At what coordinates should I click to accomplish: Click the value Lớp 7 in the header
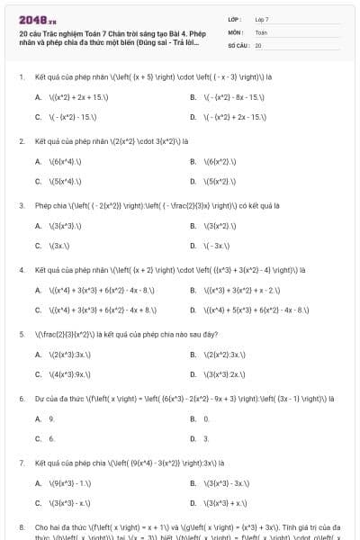[x=261, y=19]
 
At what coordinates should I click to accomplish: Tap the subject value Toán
[x=261, y=31]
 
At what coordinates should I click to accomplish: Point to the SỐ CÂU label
[x=237, y=44]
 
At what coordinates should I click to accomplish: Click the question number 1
[x=21, y=77]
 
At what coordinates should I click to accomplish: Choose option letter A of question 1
[x=38, y=95]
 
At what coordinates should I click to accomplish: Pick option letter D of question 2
[x=193, y=181]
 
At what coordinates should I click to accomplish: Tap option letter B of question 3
[x=193, y=225]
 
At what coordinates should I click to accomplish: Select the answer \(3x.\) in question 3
[x=57, y=245]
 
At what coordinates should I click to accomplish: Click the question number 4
[x=21, y=269]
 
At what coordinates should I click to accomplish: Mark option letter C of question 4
[x=38, y=309]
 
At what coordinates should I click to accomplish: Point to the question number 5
[x=21, y=333]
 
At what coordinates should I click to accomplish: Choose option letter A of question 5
[x=38, y=354]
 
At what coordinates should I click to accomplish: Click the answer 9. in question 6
[x=51, y=418]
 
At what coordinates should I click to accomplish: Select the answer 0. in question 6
[x=206, y=418]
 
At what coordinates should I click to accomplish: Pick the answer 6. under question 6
[x=51, y=438]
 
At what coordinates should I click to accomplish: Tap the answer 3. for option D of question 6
[x=206, y=438]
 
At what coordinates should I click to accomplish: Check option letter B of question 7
[x=193, y=482]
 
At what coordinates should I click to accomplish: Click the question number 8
[x=21, y=525]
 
